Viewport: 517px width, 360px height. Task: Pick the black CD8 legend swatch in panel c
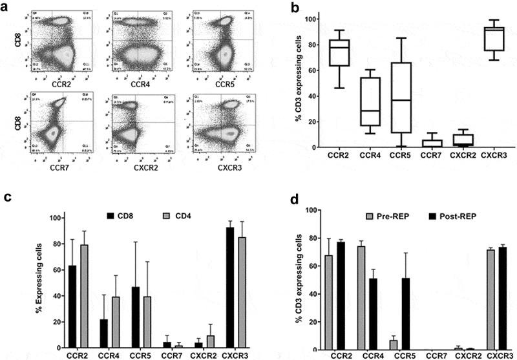pos(111,218)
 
